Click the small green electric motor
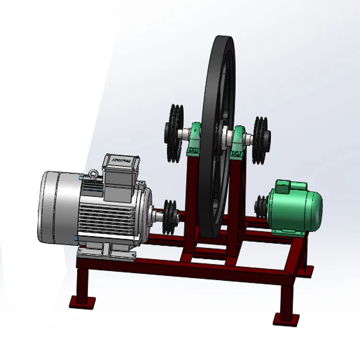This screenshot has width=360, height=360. coord(293,209)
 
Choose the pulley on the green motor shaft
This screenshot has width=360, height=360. coord(261,207)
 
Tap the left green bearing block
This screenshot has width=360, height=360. coord(194,141)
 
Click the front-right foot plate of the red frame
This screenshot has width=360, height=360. coord(286,318)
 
